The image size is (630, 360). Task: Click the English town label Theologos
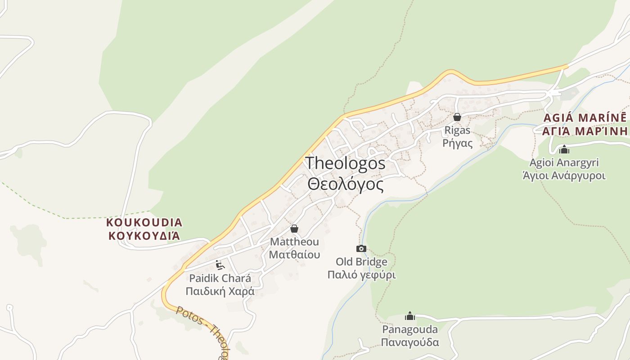pos(345,163)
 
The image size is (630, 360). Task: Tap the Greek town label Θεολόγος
pos(345,184)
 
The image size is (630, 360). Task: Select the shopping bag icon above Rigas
pos(457,117)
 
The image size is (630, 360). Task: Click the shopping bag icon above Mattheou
pos(294,229)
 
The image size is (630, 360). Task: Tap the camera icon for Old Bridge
pos(361,248)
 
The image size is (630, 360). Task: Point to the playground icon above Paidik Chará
pos(220,265)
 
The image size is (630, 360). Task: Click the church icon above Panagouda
pos(410,316)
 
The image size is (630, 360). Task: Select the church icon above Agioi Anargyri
pos(564,149)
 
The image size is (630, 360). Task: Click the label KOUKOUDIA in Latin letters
pos(144,222)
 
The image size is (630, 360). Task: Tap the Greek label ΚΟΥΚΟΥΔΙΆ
pos(144,236)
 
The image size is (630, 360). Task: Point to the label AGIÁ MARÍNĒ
pos(585,118)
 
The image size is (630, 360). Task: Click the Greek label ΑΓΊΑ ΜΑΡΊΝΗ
pos(585,131)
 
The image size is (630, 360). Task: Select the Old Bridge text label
pos(361,262)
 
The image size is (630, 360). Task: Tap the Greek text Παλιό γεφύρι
pos(361,274)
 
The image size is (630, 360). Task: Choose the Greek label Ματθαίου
pos(294,254)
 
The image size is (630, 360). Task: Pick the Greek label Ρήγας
pos(457,143)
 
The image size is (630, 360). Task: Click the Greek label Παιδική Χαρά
pos(220,291)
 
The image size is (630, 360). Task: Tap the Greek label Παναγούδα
pos(410,342)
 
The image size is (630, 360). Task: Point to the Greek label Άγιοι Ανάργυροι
pos(564,175)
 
